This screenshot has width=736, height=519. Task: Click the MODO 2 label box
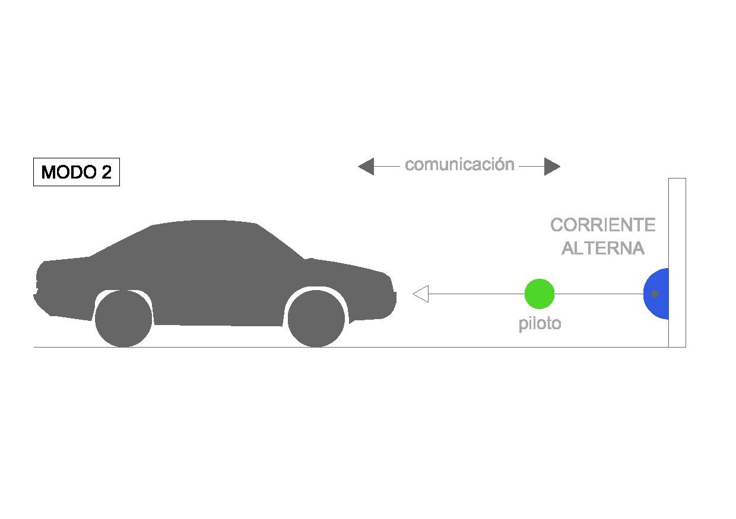point(77,172)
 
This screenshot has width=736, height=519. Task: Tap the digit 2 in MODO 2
point(106,172)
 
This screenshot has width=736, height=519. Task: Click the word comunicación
point(459,164)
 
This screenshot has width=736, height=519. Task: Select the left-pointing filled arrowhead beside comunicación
point(366,167)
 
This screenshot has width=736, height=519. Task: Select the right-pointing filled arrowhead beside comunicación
point(553,167)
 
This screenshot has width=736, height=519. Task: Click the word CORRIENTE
point(603,225)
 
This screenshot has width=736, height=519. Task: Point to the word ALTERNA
point(603,248)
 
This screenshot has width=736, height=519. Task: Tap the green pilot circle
point(540,294)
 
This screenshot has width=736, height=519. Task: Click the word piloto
point(540,324)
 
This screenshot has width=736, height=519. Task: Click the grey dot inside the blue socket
point(655,294)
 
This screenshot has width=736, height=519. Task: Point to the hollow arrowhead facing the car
point(421,294)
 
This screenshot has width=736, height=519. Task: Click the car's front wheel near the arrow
point(316,319)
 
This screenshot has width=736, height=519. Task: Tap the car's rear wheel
point(123,319)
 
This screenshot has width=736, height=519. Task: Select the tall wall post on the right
point(677,263)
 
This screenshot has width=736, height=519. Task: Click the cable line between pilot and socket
point(599,294)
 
